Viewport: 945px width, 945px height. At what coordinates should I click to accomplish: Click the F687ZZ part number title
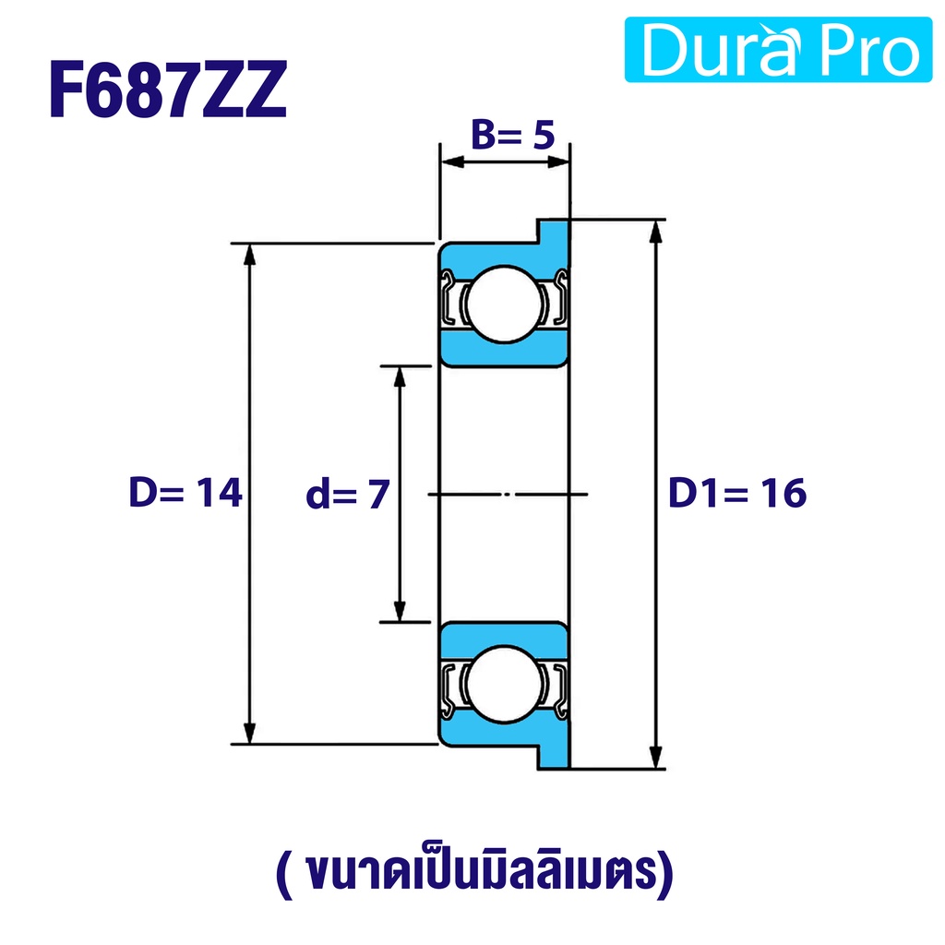[168, 90]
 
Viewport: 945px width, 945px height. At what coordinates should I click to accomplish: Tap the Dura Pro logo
[778, 50]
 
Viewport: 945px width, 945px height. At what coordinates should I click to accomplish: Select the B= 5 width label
[513, 135]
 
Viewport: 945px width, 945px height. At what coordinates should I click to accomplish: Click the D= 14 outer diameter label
[185, 493]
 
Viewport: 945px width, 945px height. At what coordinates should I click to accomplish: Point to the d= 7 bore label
[348, 495]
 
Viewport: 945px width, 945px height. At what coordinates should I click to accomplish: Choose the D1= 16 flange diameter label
[737, 493]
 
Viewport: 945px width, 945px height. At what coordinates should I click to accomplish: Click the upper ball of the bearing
[504, 305]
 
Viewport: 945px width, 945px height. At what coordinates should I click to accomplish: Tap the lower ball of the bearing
[503, 684]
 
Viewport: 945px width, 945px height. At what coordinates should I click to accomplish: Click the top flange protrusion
[554, 232]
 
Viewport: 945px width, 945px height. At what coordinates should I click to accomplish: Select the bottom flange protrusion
[554, 757]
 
